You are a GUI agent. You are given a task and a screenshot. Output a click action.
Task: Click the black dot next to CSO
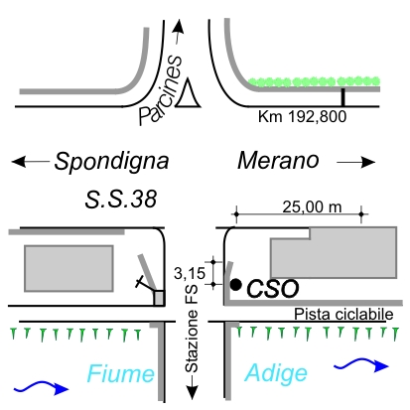click(235, 285)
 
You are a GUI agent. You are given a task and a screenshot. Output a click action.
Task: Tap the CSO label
click(273, 289)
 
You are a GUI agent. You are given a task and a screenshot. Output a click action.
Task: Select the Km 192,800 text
click(303, 117)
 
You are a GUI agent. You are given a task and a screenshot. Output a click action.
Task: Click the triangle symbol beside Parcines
click(188, 93)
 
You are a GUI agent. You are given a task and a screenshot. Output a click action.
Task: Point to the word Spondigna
click(111, 162)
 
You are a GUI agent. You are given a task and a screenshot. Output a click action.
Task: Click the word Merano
click(278, 161)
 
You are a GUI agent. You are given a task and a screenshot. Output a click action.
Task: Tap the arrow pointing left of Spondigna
click(31, 162)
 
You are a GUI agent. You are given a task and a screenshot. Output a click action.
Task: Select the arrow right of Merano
click(356, 162)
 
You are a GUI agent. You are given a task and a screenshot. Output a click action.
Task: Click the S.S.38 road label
click(121, 200)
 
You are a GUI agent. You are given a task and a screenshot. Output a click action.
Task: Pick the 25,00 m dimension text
click(312, 207)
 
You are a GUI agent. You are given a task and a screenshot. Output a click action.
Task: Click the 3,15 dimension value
click(190, 274)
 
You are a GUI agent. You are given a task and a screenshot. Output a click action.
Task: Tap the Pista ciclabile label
click(343, 314)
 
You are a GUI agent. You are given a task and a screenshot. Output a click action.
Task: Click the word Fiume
click(121, 374)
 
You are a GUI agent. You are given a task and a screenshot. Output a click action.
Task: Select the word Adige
click(276, 373)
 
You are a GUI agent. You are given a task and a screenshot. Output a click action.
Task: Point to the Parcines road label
click(161, 90)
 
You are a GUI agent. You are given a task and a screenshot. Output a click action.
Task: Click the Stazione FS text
click(192, 329)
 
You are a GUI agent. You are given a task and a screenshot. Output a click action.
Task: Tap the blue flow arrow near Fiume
click(42, 387)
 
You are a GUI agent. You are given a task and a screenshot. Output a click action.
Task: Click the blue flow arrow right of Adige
click(361, 364)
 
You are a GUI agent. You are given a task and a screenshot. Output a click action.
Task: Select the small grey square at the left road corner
click(159, 298)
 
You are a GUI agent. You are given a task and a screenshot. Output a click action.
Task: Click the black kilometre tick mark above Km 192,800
click(343, 97)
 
